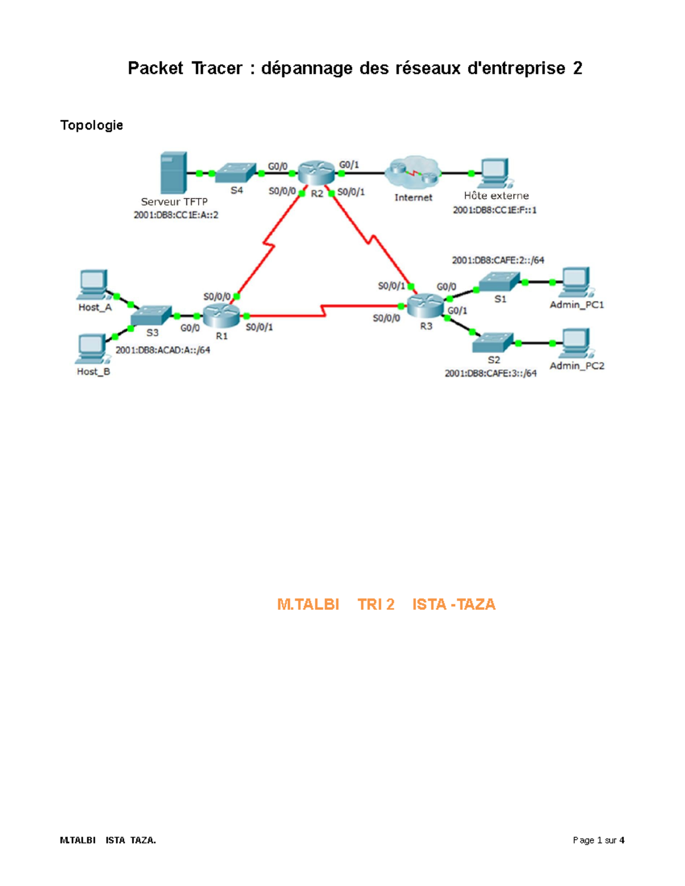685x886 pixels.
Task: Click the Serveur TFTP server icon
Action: click(x=174, y=172)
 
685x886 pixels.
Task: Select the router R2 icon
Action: click(x=316, y=172)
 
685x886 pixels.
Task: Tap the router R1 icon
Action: click(x=221, y=315)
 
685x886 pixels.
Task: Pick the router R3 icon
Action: click(x=425, y=306)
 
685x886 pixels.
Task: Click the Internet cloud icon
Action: click(x=413, y=173)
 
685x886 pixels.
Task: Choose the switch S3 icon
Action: click(x=151, y=315)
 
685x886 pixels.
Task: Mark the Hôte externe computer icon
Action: click(x=494, y=173)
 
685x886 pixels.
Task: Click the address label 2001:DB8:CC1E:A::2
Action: click(x=176, y=215)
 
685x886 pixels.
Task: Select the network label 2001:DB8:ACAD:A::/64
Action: click(x=163, y=350)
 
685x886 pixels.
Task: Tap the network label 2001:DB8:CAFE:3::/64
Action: click(x=490, y=374)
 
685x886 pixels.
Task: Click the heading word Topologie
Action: click(x=91, y=126)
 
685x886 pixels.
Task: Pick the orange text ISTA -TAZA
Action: click(x=453, y=605)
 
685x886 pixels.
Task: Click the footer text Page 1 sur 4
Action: click(x=598, y=840)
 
